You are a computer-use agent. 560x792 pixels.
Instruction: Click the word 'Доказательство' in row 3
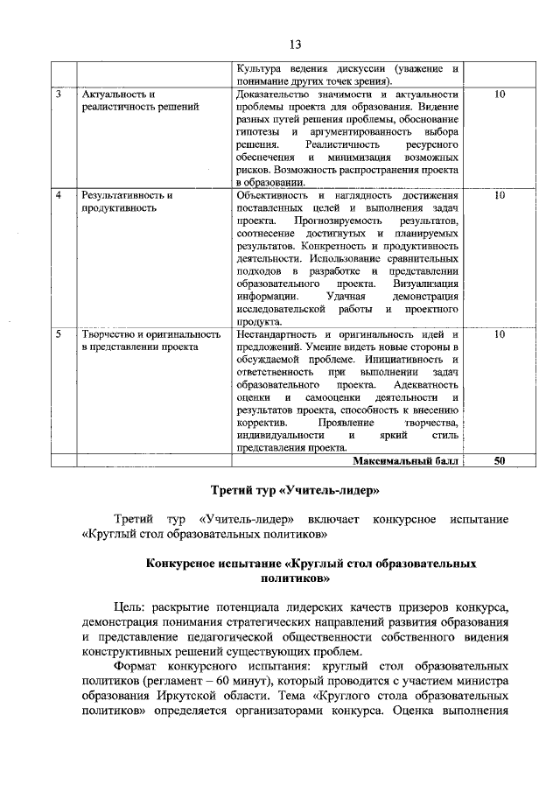click(x=275, y=94)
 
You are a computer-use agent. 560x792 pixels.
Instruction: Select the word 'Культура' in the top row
click(x=259, y=68)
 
